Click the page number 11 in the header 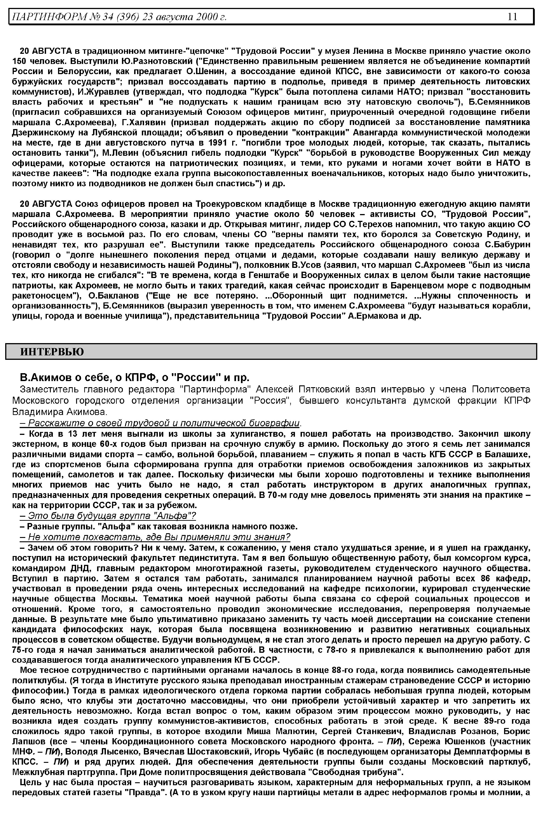tap(512, 16)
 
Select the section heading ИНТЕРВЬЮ tap(52, 351)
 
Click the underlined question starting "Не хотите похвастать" tap(155, 537)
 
